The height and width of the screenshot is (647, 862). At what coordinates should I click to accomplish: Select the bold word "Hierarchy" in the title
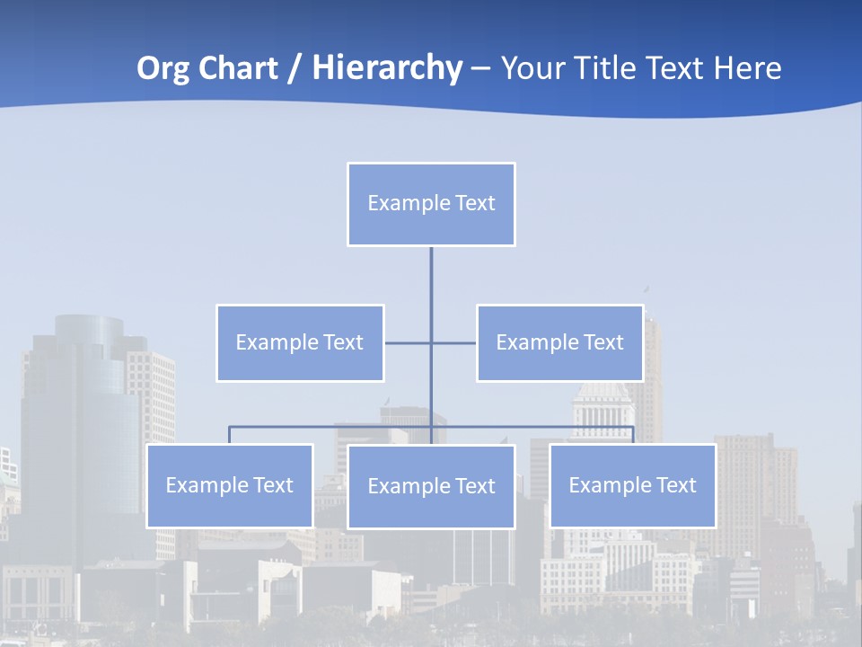[x=387, y=68]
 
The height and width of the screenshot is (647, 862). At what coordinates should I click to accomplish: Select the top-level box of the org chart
[x=431, y=204]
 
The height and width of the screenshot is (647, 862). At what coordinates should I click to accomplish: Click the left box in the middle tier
[x=300, y=343]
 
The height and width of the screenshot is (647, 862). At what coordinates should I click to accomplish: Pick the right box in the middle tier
[x=559, y=343]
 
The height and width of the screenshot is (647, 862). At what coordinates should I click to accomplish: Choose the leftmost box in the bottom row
[x=230, y=486]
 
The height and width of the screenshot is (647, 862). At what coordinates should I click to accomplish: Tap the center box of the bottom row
[x=431, y=487]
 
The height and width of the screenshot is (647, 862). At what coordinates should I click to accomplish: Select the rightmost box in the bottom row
[x=633, y=486]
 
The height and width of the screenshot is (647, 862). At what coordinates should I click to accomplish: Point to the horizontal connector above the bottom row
[x=332, y=427]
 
